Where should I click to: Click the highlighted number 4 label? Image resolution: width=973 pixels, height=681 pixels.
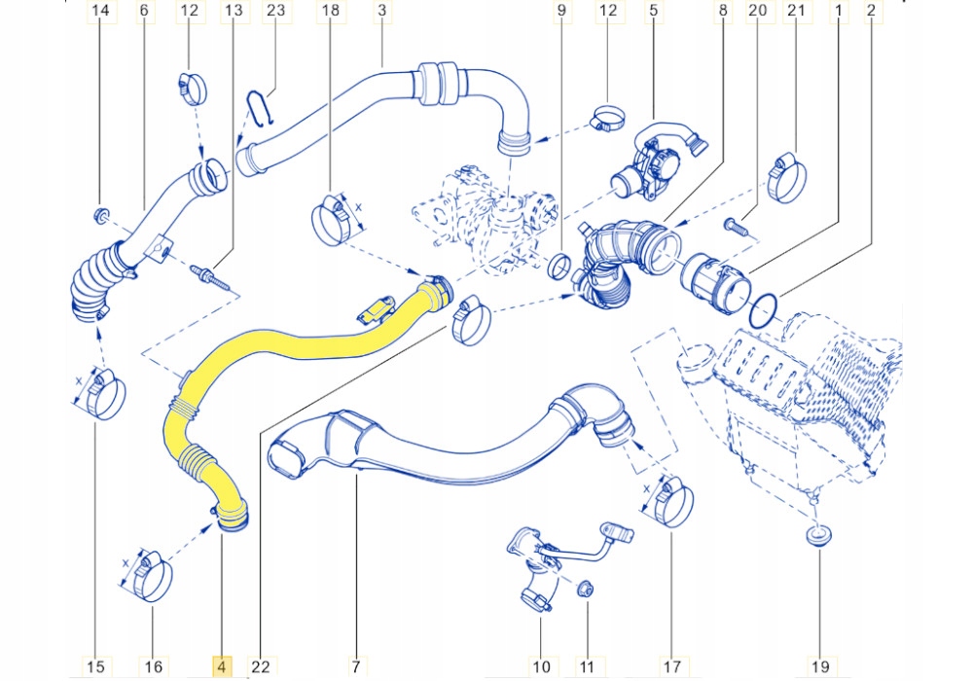coord(222,666)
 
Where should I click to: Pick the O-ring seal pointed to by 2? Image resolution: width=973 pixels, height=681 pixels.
coord(765,309)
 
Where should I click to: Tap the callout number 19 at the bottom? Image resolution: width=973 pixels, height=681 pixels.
coord(819,666)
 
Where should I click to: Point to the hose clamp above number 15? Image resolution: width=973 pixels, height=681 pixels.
coord(100,394)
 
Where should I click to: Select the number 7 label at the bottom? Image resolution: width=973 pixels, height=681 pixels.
coord(356,666)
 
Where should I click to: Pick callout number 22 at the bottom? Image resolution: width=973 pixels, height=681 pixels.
coord(260,666)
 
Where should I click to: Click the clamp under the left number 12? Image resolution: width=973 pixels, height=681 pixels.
coord(192,88)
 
